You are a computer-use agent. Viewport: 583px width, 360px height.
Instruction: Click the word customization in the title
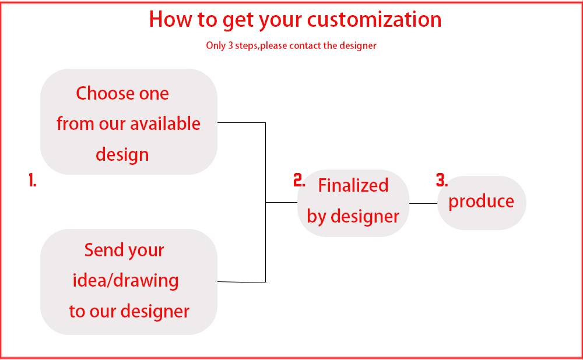374,19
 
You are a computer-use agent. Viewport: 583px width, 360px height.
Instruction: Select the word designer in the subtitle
358,46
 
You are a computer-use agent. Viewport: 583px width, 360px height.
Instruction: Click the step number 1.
32,180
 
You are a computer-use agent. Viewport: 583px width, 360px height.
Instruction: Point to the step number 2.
299,180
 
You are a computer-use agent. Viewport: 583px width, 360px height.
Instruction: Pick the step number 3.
442,180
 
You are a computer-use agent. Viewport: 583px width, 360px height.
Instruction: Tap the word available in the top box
165,123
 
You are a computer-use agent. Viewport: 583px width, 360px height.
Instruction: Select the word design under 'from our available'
122,155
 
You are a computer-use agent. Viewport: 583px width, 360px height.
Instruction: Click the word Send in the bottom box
103,250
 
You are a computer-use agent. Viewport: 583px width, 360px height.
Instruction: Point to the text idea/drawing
126,281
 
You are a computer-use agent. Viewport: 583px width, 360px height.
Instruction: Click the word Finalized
353,185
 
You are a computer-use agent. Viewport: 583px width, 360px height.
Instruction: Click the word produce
481,202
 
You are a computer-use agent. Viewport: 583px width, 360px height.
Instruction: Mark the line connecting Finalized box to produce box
423,203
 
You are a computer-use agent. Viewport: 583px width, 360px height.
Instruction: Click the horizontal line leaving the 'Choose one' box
241,122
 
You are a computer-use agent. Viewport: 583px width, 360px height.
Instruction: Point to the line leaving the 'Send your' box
242,283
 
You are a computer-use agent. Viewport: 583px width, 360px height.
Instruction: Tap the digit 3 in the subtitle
230,45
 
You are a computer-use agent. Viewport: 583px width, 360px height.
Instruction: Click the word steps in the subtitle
246,46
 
